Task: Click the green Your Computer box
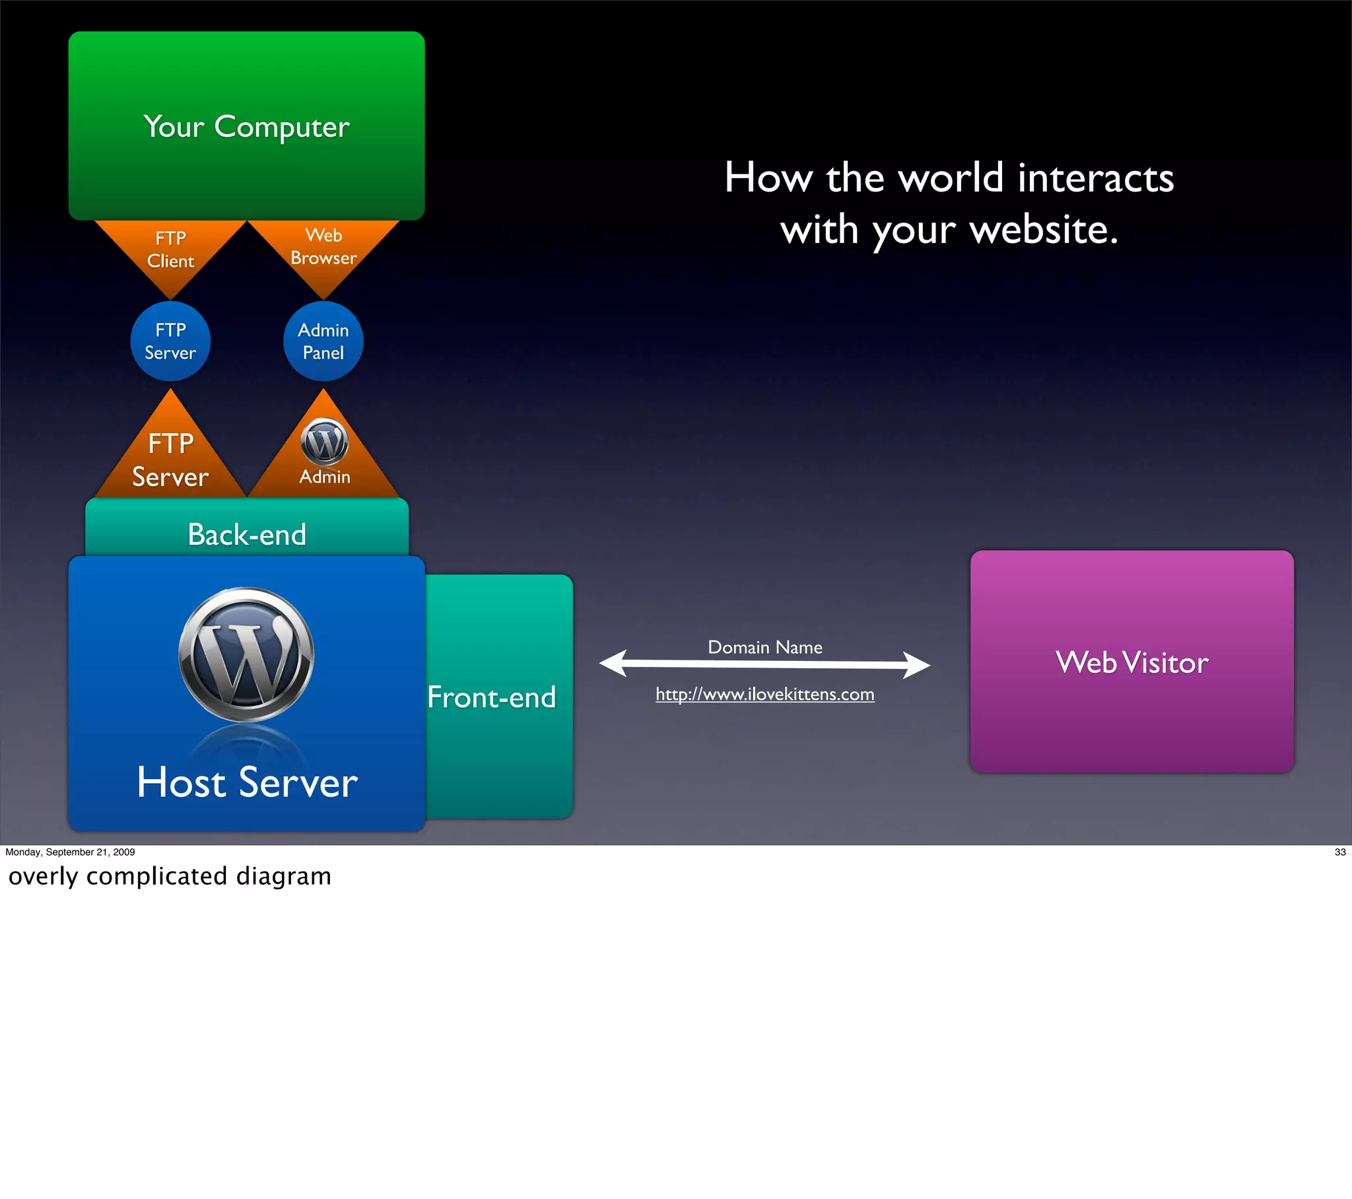246,125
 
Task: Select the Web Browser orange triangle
323,248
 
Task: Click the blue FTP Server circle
171,341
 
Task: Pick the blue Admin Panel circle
323,341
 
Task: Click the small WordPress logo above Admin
324,441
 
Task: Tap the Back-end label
247,534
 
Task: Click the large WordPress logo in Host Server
246,654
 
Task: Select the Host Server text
247,782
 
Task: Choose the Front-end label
491,697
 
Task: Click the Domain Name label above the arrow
765,647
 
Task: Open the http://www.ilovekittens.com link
764,694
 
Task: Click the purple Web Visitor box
1132,662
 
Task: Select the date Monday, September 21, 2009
70,852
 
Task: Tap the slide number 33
1340,852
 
